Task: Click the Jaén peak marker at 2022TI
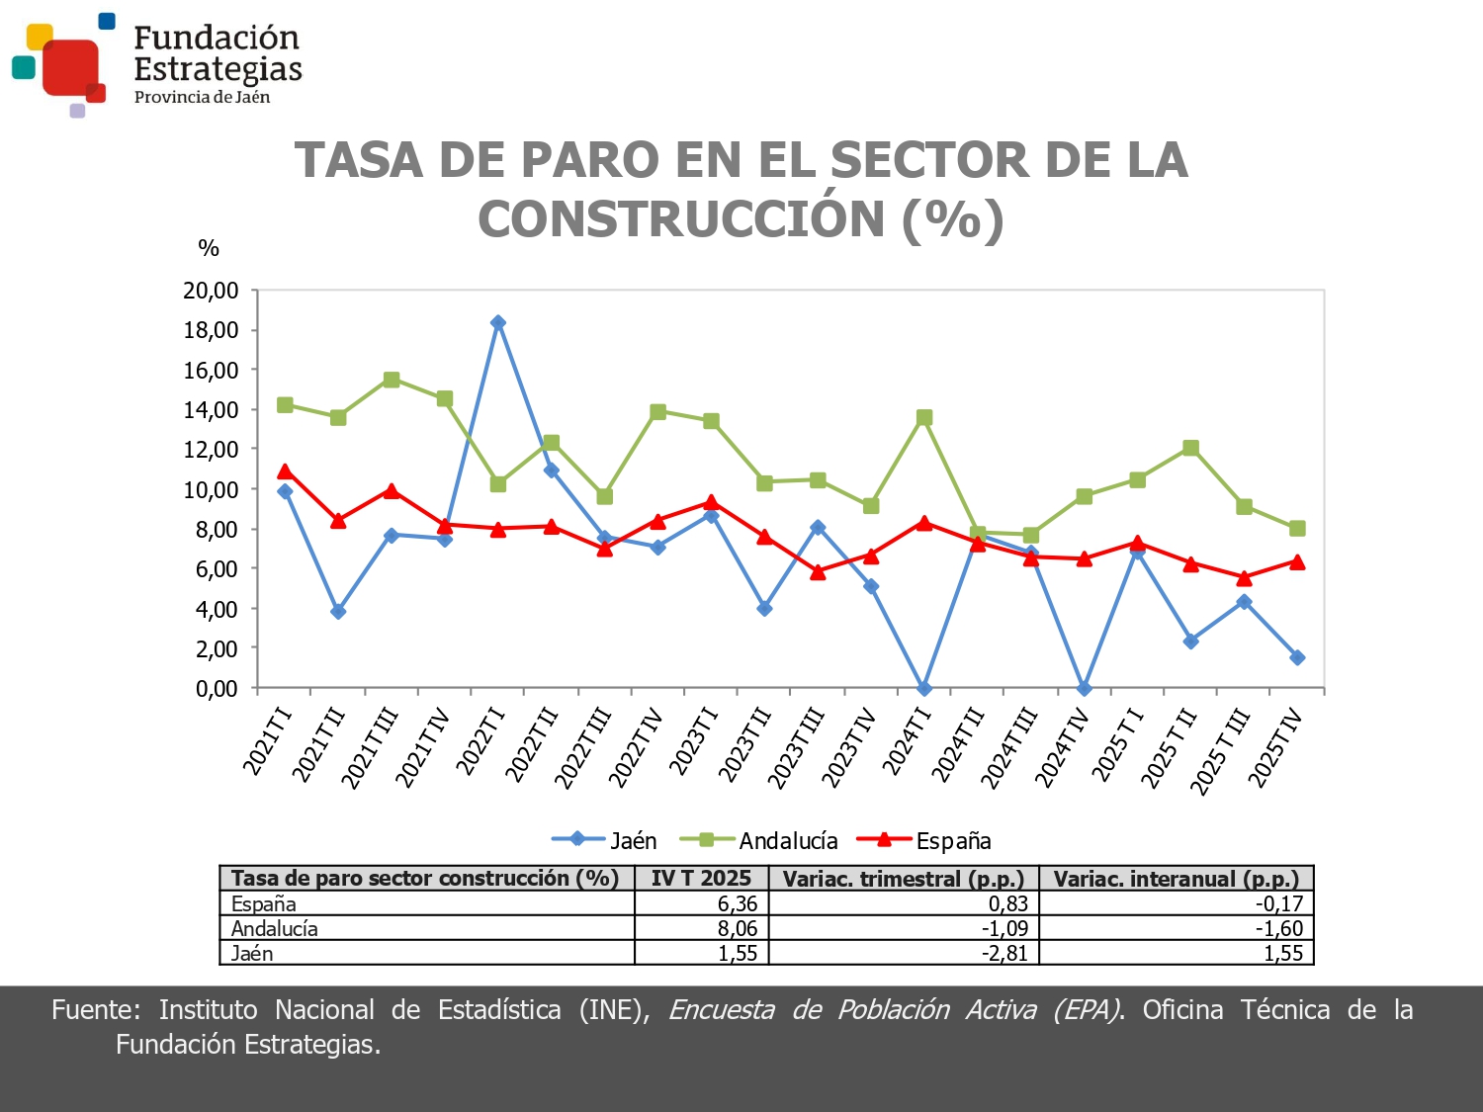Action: (x=498, y=322)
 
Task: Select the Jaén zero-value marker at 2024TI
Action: (x=924, y=688)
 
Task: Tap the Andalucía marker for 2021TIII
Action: (x=392, y=380)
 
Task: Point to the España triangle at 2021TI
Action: (x=285, y=471)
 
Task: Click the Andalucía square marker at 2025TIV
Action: (x=1297, y=529)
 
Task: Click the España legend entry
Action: (x=924, y=840)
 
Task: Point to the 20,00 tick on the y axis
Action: (x=211, y=291)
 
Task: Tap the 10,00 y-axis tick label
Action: (x=211, y=489)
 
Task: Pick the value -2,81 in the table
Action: (x=1003, y=953)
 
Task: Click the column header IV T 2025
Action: (x=701, y=878)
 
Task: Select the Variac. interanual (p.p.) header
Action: (x=1176, y=878)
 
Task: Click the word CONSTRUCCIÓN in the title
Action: (x=682, y=218)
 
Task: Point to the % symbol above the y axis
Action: (x=209, y=248)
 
